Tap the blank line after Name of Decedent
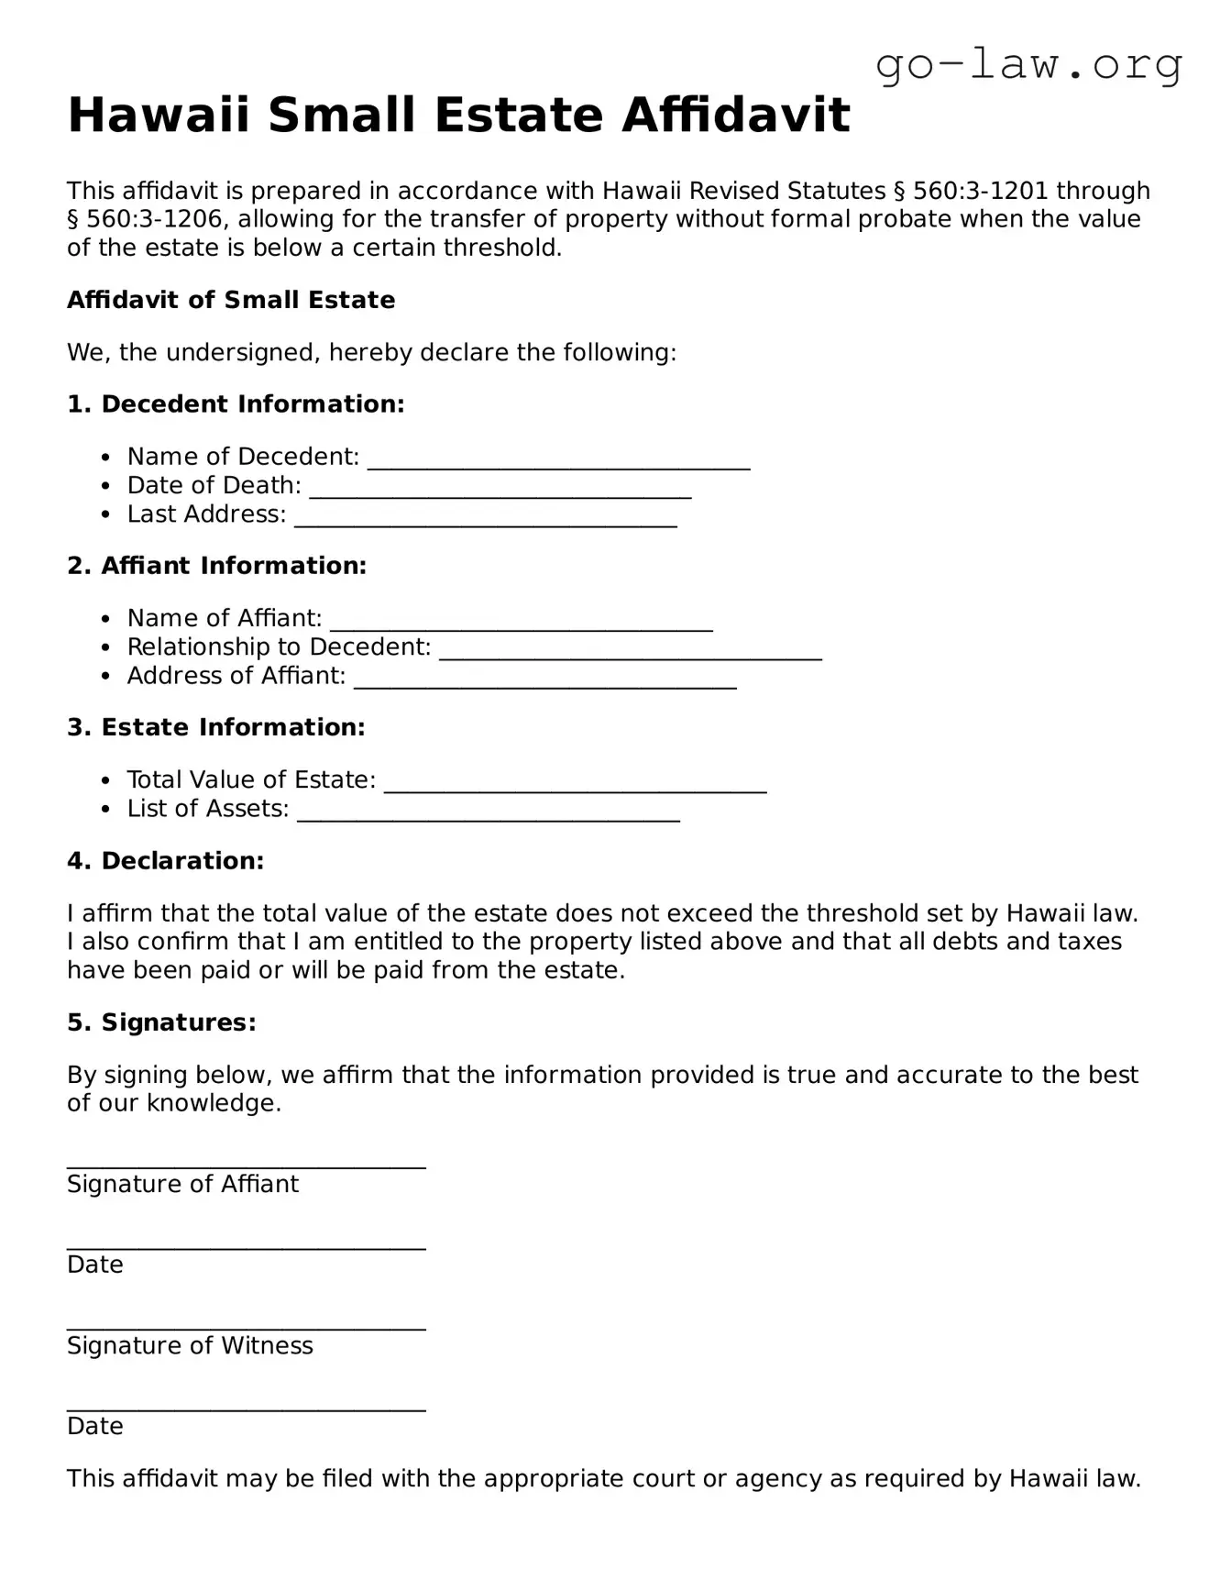558,460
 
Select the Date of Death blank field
500,490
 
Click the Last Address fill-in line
485,518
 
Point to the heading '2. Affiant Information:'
216,566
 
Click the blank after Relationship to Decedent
630,650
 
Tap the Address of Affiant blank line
544,680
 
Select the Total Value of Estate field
575,783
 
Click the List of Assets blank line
488,812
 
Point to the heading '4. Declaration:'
165,861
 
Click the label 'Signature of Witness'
190,1346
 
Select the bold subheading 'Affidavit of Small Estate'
231,300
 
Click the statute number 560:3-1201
980,191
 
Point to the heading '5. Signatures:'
161,1022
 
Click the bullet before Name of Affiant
106,620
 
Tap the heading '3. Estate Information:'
215,727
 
